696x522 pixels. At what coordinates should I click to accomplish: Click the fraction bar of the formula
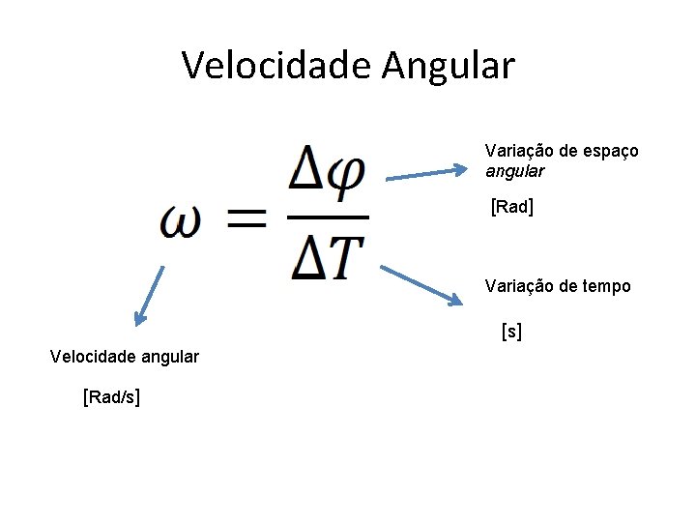[328, 217]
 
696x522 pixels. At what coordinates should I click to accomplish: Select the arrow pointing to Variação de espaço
[426, 174]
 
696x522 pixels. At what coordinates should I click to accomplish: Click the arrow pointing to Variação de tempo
[422, 285]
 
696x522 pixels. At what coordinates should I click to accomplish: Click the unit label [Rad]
[513, 207]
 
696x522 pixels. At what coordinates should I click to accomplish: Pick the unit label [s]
[511, 332]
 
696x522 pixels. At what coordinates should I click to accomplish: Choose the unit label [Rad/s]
[111, 397]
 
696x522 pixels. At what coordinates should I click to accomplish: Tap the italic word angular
[514, 171]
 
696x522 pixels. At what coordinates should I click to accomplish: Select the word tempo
[605, 286]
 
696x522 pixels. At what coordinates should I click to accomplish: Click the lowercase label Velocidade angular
[124, 357]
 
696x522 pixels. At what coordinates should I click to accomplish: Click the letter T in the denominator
[344, 256]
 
